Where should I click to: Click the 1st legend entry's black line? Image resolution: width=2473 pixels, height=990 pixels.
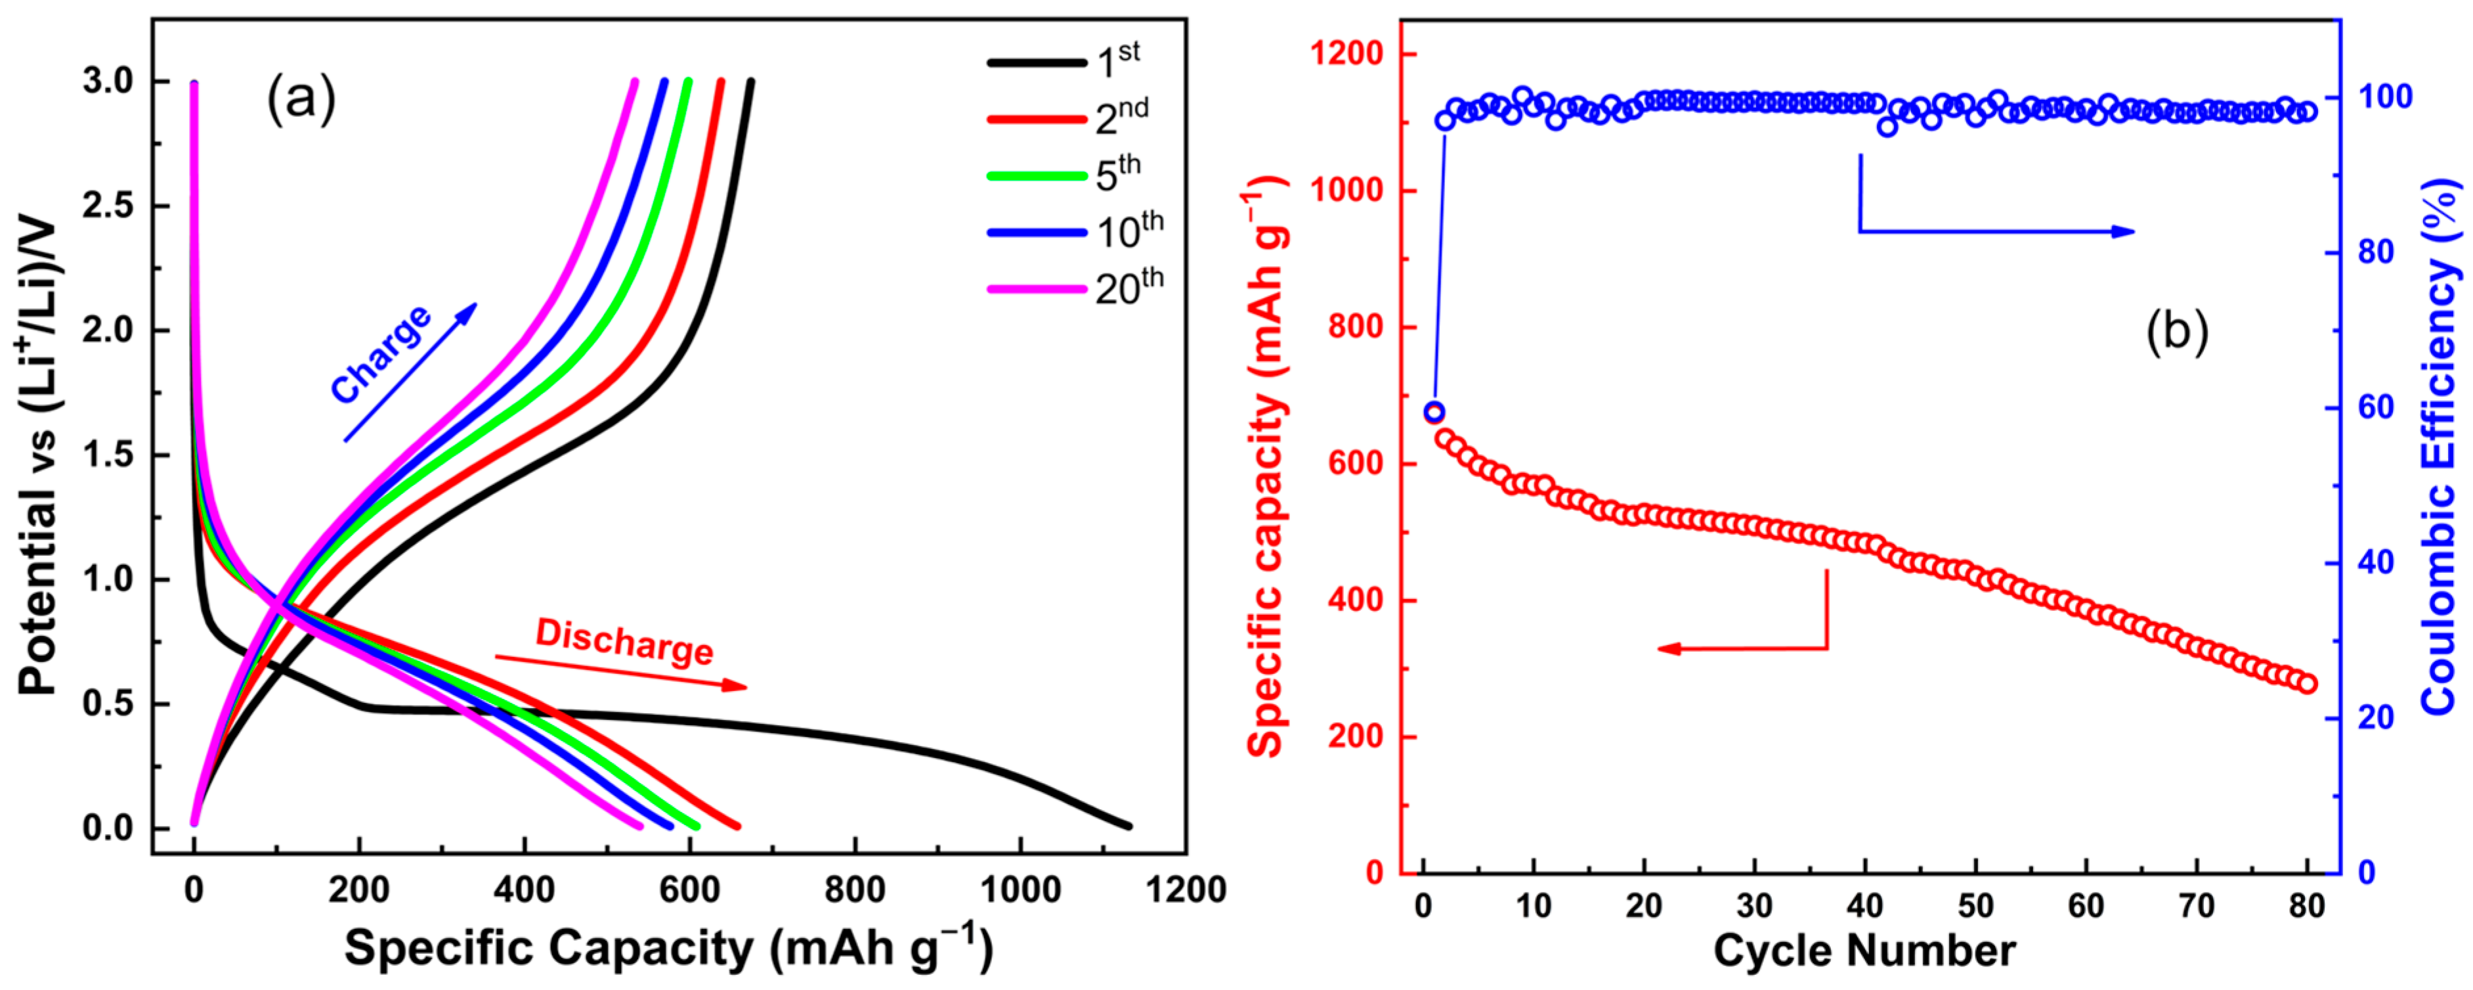[1037, 62]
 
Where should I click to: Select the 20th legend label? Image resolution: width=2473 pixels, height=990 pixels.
[1129, 287]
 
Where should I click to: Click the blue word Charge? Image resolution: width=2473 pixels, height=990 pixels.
[381, 353]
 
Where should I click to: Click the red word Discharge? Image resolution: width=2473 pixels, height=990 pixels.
[624, 641]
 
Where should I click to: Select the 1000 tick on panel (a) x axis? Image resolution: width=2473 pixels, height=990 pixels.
[1020, 890]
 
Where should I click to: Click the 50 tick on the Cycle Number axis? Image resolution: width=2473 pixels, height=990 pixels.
[1976, 905]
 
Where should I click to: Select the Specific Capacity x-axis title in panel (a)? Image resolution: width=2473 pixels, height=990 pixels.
[668, 949]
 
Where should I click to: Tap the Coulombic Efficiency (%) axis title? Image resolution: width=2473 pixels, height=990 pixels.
[2438, 447]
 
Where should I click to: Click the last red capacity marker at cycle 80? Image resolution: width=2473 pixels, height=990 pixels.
[2308, 684]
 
